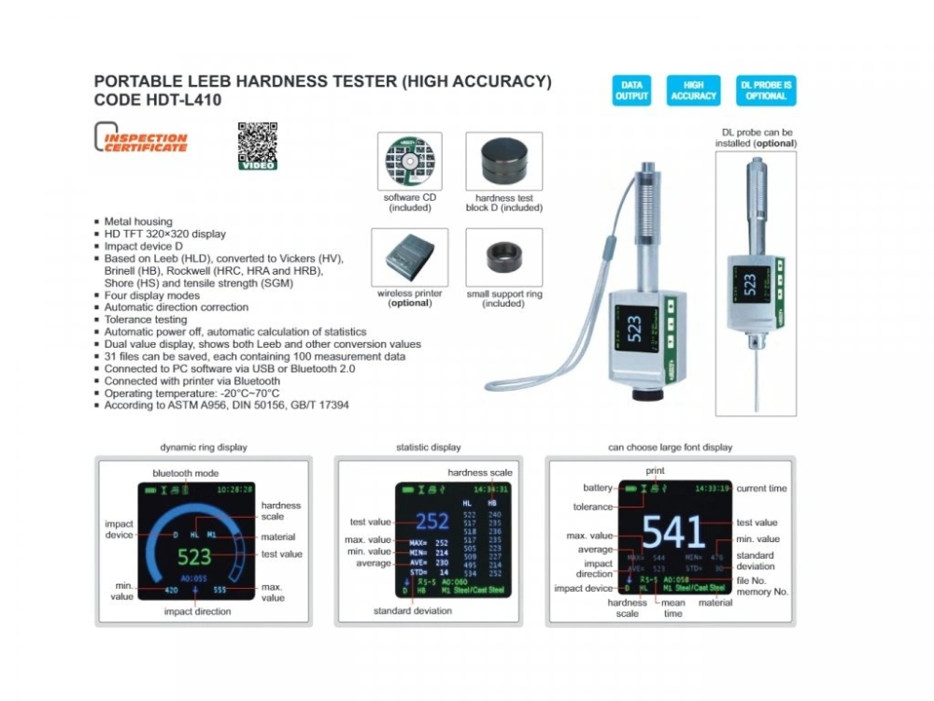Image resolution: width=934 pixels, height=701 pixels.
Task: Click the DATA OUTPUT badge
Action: pos(632,91)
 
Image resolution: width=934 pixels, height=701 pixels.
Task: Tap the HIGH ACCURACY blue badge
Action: pos(693,91)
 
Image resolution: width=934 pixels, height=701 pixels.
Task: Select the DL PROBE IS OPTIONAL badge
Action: pos(766,91)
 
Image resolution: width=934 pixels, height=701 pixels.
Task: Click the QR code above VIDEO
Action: pos(257,141)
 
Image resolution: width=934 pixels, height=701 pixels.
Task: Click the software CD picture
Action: pos(409,162)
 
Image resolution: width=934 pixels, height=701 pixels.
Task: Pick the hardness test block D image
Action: pos(503,162)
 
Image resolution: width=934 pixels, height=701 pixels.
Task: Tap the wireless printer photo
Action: pos(409,257)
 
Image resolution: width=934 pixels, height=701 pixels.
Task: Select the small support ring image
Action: pos(503,257)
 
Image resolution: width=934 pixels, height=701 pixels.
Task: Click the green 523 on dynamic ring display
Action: pos(194,557)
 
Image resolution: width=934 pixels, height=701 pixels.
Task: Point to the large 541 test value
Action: pos(672,530)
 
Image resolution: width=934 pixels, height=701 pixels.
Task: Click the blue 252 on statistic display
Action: pos(432,522)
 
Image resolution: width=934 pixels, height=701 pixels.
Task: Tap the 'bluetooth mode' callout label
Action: pos(186,473)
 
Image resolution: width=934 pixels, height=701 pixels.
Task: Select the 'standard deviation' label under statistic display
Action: pos(413,610)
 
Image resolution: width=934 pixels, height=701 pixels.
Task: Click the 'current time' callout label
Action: pos(761,488)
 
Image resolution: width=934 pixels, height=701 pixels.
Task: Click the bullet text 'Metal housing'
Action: pos(138,222)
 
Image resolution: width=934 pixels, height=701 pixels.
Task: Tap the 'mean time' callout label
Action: pos(673,608)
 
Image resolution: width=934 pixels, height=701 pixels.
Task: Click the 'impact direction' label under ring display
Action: pos(197,611)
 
